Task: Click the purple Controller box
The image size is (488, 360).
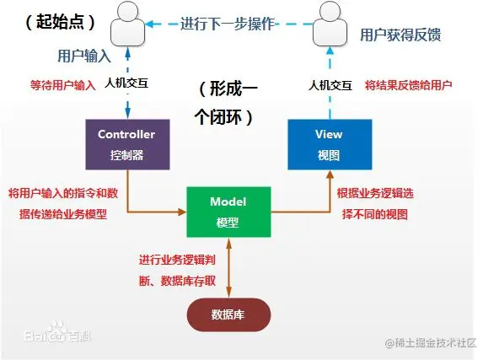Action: (126, 143)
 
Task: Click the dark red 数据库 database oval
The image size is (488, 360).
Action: (228, 314)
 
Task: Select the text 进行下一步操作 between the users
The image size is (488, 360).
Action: (227, 24)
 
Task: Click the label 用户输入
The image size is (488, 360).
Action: (83, 56)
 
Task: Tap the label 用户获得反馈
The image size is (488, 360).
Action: (394, 35)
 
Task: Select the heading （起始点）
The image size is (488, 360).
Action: (60, 19)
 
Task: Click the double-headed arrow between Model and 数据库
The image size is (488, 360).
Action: (228, 266)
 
